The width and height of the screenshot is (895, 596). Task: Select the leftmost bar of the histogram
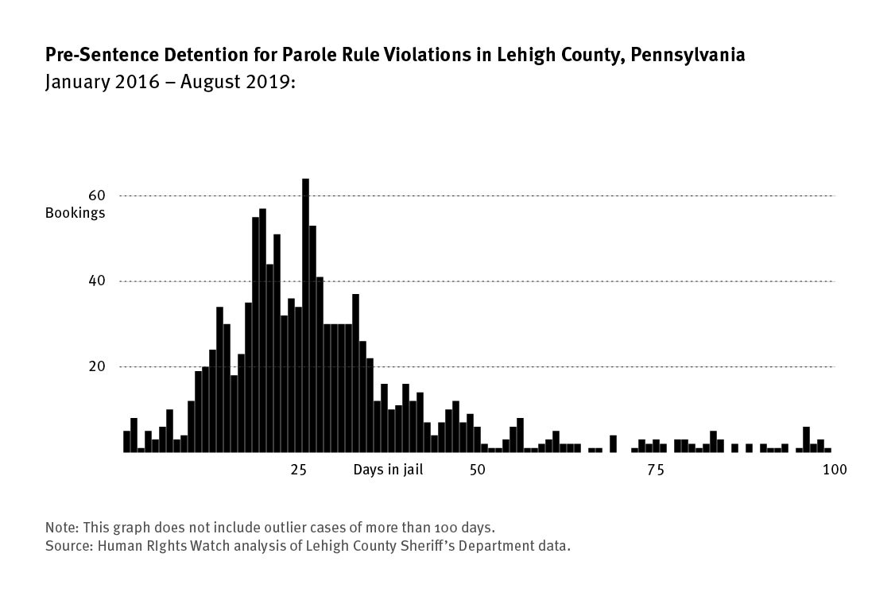point(126,441)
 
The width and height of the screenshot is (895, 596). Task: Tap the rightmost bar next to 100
point(827,450)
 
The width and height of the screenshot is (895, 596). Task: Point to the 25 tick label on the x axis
point(299,470)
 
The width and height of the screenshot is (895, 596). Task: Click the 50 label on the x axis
point(477,470)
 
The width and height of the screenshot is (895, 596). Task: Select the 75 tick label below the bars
point(655,470)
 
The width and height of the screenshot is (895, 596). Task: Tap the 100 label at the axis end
point(834,470)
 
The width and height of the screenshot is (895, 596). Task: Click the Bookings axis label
point(75,213)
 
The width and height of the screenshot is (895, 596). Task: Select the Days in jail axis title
point(388,470)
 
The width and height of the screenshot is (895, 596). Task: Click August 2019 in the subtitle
point(238,81)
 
